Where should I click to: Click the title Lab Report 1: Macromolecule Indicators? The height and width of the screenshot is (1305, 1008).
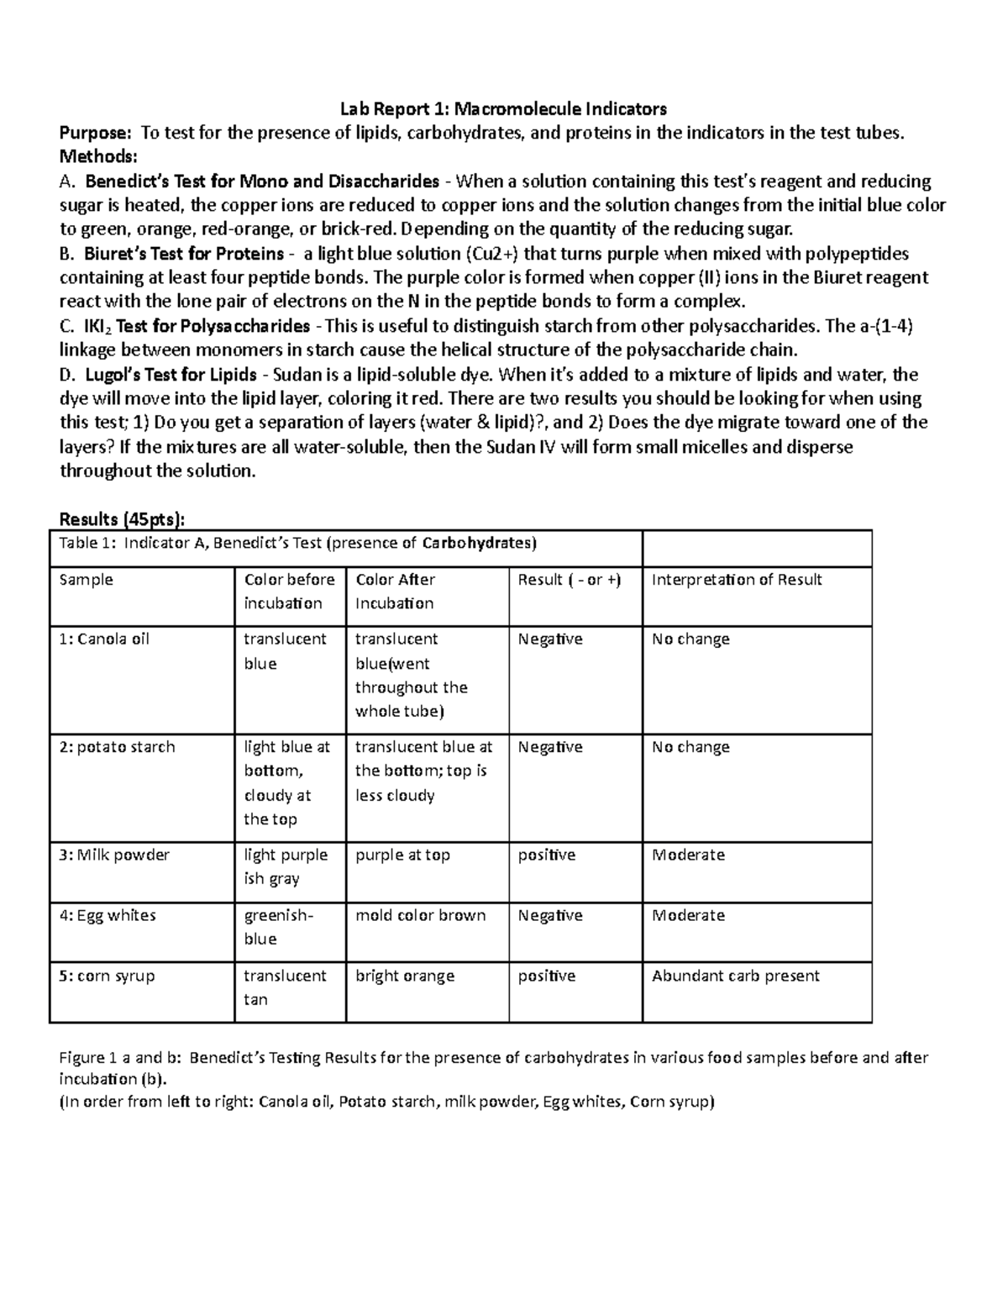502,108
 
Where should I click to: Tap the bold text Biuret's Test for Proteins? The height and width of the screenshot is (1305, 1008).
183,254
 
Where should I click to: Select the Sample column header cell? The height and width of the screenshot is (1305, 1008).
86,580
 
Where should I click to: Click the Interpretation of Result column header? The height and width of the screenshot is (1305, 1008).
737,580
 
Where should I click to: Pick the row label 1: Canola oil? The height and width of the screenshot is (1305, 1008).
104,639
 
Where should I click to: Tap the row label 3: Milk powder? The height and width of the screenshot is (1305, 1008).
114,855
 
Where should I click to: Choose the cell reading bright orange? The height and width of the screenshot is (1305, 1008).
405,976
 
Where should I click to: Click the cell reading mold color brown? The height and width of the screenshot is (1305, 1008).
420,916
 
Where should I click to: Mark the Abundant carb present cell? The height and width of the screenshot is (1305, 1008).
735,976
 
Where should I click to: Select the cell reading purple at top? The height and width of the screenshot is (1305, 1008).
402,855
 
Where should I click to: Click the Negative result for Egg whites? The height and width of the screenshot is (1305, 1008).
550,916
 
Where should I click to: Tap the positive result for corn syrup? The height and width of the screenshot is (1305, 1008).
547,976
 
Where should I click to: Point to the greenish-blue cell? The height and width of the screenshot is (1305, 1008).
277,927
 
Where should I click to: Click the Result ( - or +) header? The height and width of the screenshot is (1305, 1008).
570,580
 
